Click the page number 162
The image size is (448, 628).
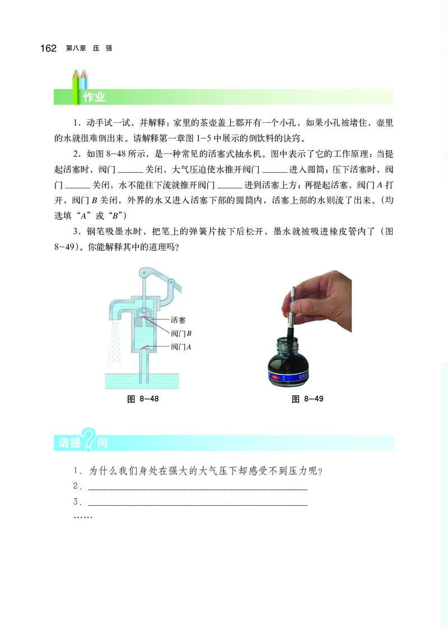point(48,49)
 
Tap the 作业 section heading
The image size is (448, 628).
point(94,97)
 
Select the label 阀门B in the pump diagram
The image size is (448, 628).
point(181,334)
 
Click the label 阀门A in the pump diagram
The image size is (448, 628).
point(181,347)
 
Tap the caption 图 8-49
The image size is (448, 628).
point(307,399)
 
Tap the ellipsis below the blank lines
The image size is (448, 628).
point(82,516)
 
